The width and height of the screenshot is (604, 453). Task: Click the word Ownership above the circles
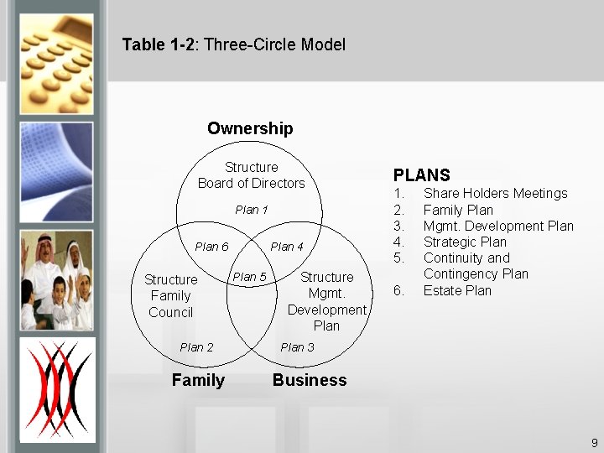(x=250, y=128)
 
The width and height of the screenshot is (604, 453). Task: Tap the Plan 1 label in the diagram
(x=252, y=210)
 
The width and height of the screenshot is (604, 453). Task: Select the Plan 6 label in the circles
(x=211, y=247)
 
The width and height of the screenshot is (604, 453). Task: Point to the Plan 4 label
(x=287, y=247)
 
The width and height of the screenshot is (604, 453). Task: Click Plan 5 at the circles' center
(x=249, y=277)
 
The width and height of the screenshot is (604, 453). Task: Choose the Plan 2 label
(x=196, y=347)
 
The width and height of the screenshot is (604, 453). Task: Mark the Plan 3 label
(x=298, y=347)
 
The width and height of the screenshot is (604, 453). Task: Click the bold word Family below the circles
(x=198, y=380)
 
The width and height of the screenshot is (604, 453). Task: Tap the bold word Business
(x=309, y=380)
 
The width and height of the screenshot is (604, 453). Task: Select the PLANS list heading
(x=422, y=175)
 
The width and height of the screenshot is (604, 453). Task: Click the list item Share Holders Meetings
(x=495, y=194)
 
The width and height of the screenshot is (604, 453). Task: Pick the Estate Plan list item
(x=457, y=291)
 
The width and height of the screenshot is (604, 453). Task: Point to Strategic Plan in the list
(x=465, y=242)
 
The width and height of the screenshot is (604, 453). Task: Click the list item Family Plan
(x=458, y=210)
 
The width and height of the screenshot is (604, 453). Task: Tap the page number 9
(x=594, y=443)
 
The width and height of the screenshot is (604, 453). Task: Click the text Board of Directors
(x=252, y=183)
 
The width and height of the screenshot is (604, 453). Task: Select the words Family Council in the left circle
(x=170, y=304)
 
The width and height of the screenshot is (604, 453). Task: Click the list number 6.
(x=399, y=291)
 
